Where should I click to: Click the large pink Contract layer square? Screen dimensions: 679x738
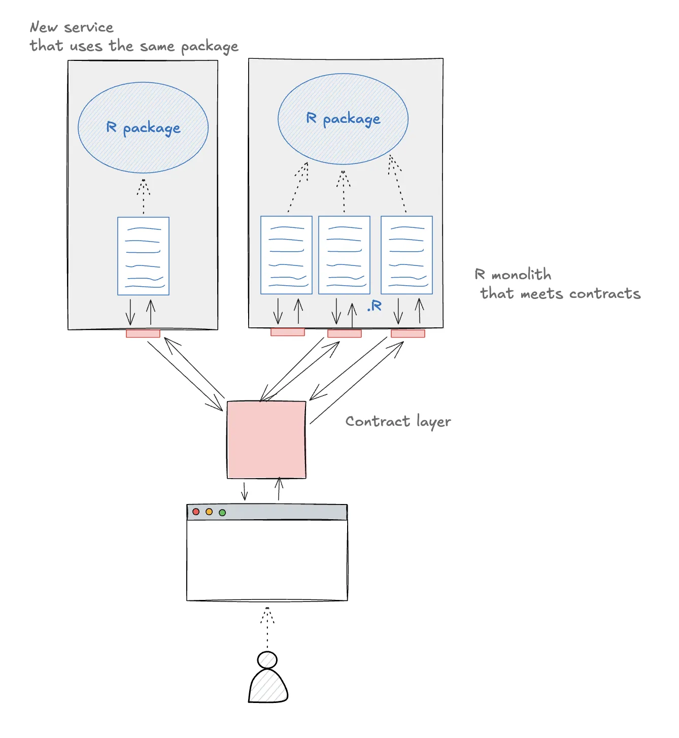pos(266,440)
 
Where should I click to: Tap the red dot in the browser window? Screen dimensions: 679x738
pos(196,512)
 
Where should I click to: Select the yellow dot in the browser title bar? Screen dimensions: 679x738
pos(209,512)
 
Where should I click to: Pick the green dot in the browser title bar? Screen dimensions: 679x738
pos(222,513)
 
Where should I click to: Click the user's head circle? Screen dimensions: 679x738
pos(267,660)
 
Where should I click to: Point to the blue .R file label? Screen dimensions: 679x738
pos(375,306)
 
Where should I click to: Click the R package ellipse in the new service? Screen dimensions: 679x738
pos(143,127)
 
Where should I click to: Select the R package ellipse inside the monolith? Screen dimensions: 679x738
pos(343,118)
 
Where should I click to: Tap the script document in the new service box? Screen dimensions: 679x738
pos(143,256)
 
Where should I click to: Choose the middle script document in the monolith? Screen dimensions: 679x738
pos(344,255)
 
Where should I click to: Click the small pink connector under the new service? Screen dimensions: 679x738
pos(143,333)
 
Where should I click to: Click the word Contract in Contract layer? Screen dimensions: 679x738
pos(378,421)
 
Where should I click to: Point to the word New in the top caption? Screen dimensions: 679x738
pos(44,27)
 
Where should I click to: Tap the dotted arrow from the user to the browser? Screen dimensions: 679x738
pos(267,628)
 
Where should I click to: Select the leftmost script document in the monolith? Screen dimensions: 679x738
pos(286,255)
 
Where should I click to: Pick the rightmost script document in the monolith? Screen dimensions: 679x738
pos(406,255)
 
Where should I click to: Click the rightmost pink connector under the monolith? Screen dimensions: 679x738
pos(408,333)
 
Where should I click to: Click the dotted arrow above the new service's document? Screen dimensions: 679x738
pos(144,196)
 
